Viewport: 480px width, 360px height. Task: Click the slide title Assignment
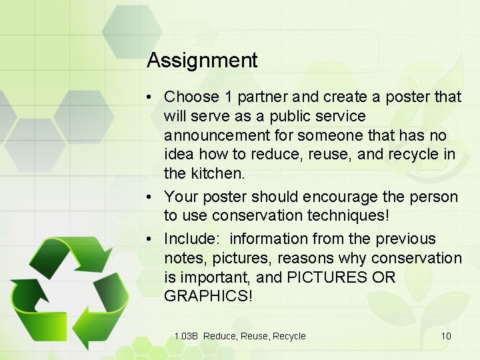click(202, 61)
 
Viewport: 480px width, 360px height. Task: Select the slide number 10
click(445, 336)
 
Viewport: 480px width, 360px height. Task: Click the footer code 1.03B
click(186, 336)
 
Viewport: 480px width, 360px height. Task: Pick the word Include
click(189, 239)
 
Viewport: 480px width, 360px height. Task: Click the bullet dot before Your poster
click(153, 197)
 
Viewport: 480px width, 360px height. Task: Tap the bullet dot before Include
click(153, 239)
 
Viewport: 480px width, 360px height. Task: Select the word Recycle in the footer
click(289, 336)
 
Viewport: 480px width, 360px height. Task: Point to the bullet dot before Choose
click(153, 97)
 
